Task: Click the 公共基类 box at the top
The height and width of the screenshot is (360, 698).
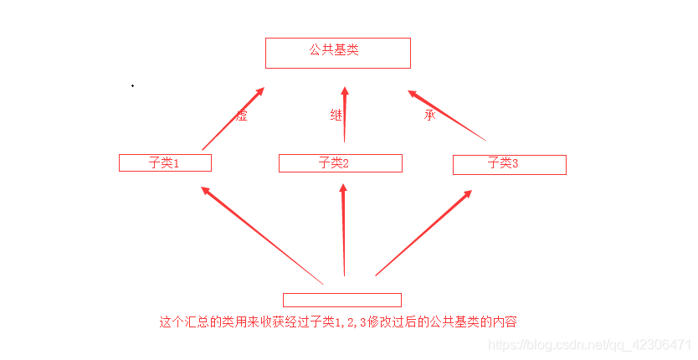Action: [x=337, y=53]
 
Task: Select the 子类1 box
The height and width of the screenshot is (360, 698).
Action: [x=165, y=162]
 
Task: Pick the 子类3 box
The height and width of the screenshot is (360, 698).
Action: [x=509, y=164]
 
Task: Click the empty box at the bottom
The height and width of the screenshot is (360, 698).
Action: [x=341, y=300]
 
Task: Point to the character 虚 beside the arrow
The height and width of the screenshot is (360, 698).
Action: [x=242, y=116]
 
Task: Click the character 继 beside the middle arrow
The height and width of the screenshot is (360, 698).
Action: [x=336, y=116]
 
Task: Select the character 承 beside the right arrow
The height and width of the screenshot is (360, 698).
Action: [x=430, y=116]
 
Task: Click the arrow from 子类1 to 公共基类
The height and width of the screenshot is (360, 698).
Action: [x=234, y=118]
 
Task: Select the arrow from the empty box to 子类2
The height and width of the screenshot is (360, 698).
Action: [x=343, y=230]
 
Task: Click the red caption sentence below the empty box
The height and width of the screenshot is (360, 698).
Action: [x=343, y=321]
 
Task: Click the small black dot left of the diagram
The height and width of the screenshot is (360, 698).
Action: [x=132, y=85]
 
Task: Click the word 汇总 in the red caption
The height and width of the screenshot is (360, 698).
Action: [x=203, y=321]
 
